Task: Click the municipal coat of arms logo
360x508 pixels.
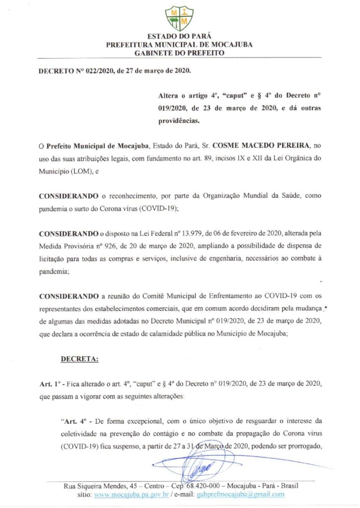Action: pyautogui.click(x=179, y=18)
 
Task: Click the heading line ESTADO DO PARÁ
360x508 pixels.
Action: pyautogui.click(x=179, y=36)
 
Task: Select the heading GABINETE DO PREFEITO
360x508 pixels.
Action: pyautogui.click(x=179, y=52)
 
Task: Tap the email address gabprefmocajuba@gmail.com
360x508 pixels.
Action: pyautogui.click(x=241, y=495)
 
